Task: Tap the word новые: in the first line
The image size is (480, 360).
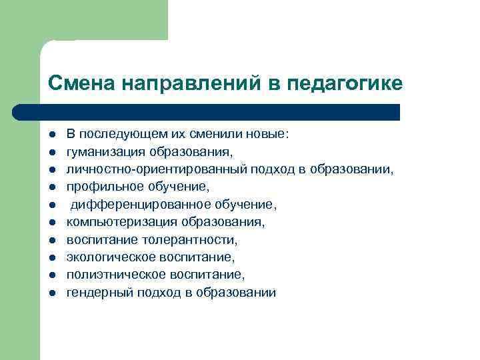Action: [267, 134]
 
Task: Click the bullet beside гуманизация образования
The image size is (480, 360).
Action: [51, 152]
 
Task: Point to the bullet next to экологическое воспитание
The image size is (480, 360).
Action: [51, 257]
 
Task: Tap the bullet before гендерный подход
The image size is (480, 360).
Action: [51, 293]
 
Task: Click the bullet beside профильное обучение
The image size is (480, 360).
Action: [51, 187]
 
